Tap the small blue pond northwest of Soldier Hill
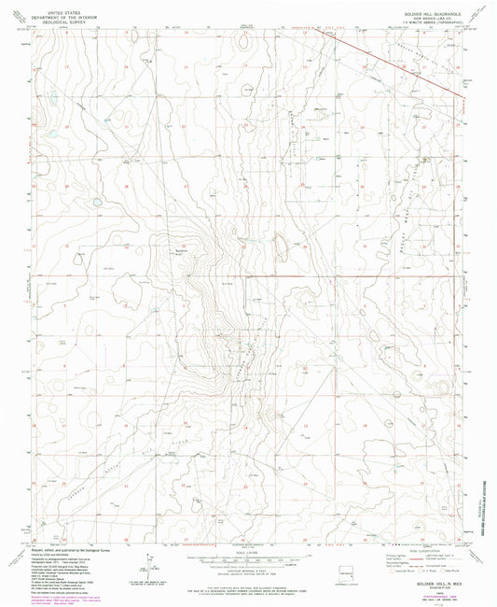[x=95, y=200]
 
